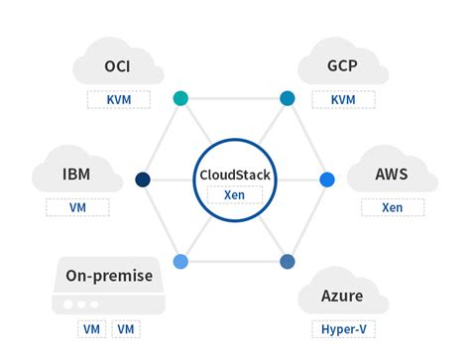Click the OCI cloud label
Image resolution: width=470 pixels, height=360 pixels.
click(x=118, y=69)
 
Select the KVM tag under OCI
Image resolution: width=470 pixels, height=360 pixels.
click(x=118, y=100)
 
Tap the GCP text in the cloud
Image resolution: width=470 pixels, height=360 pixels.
click(x=342, y=69)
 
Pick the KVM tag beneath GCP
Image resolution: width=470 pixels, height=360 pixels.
click(x=342, y=100)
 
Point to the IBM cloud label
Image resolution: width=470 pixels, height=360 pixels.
click(x=75, y=175)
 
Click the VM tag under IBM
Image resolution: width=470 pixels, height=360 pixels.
click(x=76, y=208)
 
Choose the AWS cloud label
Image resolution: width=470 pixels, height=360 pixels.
click(x=391, y=175)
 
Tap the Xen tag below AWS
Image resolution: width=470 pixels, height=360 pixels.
click(x=392, y=208)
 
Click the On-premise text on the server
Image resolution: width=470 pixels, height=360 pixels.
click(x=109, y=275)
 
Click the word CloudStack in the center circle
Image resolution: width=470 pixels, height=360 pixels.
click(x=234, y=176)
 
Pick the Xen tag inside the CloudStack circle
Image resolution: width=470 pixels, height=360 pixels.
click(x=235, y=194)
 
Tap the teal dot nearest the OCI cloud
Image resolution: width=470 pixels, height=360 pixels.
click(x=180, y=98)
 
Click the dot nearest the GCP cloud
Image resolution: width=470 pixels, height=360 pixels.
click(x=288, y=98)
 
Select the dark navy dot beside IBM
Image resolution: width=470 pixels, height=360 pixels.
click(x=143, y=180)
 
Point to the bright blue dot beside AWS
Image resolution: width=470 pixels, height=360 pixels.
click(x=326, y=180)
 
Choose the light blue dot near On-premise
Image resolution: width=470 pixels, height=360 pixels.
click(x=180, y=262)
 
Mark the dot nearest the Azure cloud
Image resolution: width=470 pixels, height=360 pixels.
click(x=288, y=262)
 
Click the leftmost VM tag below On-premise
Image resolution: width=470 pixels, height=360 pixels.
click(x=91, y=329)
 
